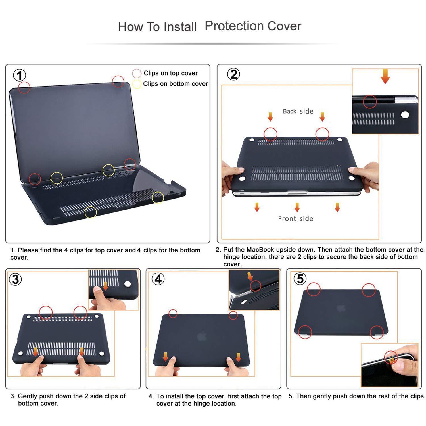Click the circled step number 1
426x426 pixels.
point(20,76)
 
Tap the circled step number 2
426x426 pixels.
point(233,74)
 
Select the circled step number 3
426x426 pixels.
point(15,279)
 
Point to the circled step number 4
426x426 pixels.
point(158,279)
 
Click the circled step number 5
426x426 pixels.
point(300,279)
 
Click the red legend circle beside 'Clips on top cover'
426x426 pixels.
point(137,73)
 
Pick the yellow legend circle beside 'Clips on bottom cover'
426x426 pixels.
point(137,84)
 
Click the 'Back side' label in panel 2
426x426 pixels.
point(298,111)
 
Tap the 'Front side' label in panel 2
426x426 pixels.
point(295,219)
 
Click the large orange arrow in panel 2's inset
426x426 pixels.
point(385,77)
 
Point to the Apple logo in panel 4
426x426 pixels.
point(201,336)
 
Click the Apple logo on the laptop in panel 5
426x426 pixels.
point(341,308)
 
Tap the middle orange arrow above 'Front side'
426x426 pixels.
point(297,207)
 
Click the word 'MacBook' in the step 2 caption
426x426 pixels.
point(260,250)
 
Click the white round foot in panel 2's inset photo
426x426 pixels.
point(405,115)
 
